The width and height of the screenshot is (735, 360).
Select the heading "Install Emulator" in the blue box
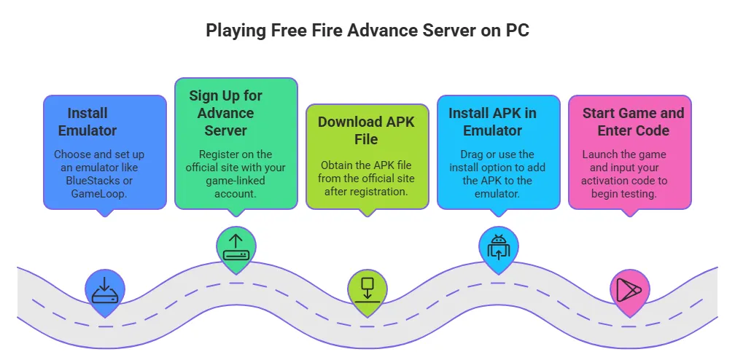87,122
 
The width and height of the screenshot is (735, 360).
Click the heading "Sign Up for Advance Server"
226,114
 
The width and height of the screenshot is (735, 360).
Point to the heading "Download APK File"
366,130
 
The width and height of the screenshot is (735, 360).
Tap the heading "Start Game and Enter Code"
633,122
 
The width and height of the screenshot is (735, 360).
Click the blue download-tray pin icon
105,288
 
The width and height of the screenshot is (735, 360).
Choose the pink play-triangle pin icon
629,289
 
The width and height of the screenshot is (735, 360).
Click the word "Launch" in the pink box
599,154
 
